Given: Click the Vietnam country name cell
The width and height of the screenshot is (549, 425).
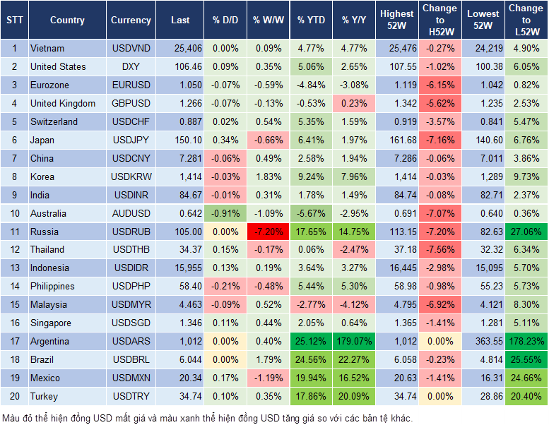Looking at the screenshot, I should pyautogui.click(x=47, y=49).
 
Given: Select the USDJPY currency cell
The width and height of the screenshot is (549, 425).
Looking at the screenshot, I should pyautogui.click(x=131, y=140).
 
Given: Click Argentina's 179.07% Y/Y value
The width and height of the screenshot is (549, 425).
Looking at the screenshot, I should pyautogui.click(x=355, y=342).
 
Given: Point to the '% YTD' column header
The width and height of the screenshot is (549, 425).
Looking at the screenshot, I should pyautogui.click(x=312, y=20).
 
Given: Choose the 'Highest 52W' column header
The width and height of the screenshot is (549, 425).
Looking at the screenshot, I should pyautogui.click(x=397, y=20).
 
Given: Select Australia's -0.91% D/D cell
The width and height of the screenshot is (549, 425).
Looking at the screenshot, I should pyautogui.click(x=225, y=213).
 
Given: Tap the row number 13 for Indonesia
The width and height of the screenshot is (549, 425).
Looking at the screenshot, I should pyautogui.click(x=13, y=268).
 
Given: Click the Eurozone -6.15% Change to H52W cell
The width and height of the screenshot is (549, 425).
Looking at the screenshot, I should pyautogui.click(x=439, y=85).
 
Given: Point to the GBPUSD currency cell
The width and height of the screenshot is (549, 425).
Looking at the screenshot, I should pyautogui.click(x=131, y=104).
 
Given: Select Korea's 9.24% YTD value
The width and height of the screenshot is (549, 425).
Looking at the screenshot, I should pyautogui.click(x=312, y=176).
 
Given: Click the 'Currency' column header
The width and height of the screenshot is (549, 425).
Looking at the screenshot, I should pyautogui.click(x=131, y=20).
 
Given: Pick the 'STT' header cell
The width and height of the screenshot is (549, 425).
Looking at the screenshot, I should pyautogui.click(x=13, y=20).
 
